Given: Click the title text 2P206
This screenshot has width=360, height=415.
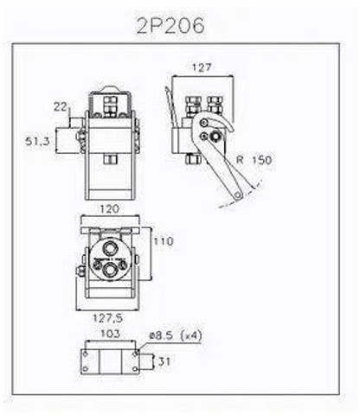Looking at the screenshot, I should tap(170, 26).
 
